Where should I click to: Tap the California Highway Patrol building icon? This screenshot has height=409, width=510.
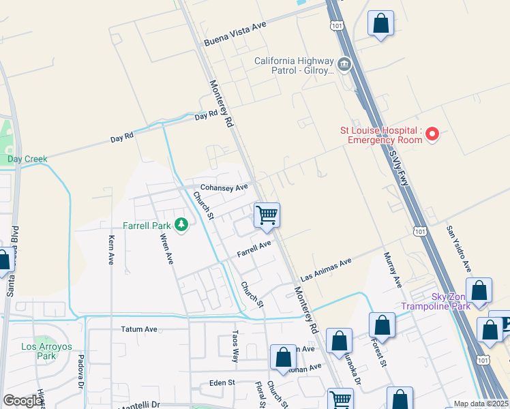344,65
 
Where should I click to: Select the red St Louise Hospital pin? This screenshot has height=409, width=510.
432,135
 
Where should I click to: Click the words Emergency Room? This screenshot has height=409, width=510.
385,140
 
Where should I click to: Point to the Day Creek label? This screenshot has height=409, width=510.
27,159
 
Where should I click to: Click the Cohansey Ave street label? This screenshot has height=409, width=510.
223,187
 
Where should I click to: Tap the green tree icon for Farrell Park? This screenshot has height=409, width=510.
181,224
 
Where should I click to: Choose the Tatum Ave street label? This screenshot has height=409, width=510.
139,329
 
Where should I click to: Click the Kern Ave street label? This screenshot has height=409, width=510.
112,249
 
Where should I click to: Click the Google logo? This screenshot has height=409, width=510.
22,401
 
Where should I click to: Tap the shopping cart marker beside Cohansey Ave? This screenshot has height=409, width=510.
267,215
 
